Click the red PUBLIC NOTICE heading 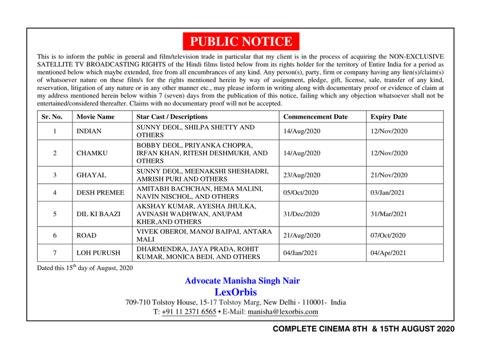pyautogui.click(x=240, y=42)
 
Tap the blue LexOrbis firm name pyautogui.click(x=240, y=292)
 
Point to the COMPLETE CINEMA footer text pyautogui.click(x=363, y=330)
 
